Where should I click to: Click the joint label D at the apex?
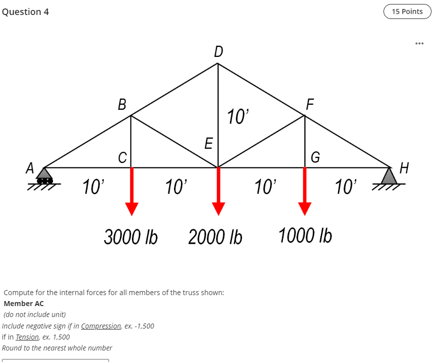pyautogui.click(x=218, y=51)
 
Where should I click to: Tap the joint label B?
pyautogui.click(x=122, y=104)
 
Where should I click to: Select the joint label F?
pyautogui.click(x=310, y=104)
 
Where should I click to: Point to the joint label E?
pyautogui.click(x=208, y=143)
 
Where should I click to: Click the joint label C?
pyautogui.click(x=122, y=158)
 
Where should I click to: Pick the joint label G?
pyautogui.click(x=315, y=157)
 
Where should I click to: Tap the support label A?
pyautogui.click(x=30, y=168)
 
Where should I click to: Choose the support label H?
pyautogui.click(x=404, y=168)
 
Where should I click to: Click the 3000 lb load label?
pyautogui.click(x=131, y=237)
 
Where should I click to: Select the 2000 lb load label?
pyautogui.click(x=215, y=237)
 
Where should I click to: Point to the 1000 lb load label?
pyautogui.click(x=305, y=235)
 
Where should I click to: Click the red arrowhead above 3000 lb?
pyautogui.click(x=132, y=209)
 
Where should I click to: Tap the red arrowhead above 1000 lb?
pyautogui.click(x=304, y=209)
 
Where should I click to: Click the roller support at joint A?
pyautogui.click(x=44, y=176)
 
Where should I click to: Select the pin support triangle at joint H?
pyautogui.click(x=389, y=176)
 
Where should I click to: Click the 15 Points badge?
pyautogui.click(x=407, y=11)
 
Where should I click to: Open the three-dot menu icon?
pyautogui.click(x=419, y=43)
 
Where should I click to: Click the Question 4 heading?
pyautogui.click(x=25, y=12)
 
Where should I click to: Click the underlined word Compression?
pyautogui.click(x=101, y=326)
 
